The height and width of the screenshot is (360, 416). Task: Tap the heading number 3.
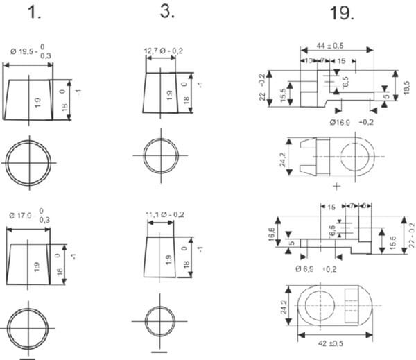[x=166, y=12]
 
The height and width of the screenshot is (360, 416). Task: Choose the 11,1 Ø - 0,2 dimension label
[x=164, y=214]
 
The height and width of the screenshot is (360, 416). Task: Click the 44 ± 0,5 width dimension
[x=336, y=46]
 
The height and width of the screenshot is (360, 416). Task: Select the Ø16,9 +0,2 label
[x=346, y=122]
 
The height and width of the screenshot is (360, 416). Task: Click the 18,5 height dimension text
[x=406, y=87]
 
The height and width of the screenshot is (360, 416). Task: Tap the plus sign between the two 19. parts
[x=337, y=186]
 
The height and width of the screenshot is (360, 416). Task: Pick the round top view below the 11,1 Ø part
[x=161, y=320]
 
